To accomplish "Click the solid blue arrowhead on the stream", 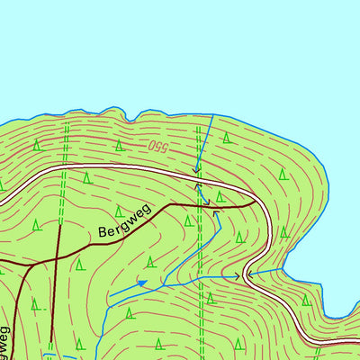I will tap(141, 283).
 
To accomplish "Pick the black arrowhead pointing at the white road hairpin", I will tap(238, 275).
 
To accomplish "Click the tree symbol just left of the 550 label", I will tap(118, 144).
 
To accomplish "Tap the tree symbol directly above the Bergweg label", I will tap(87, 178).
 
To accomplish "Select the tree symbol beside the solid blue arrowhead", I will tap(149, 262).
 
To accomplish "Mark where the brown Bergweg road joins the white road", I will tap(256, 205).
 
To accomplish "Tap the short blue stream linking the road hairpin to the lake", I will tap(265, 269).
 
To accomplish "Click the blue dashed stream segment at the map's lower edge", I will tap(54, 355).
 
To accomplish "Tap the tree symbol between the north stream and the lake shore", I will tap(228, 138).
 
